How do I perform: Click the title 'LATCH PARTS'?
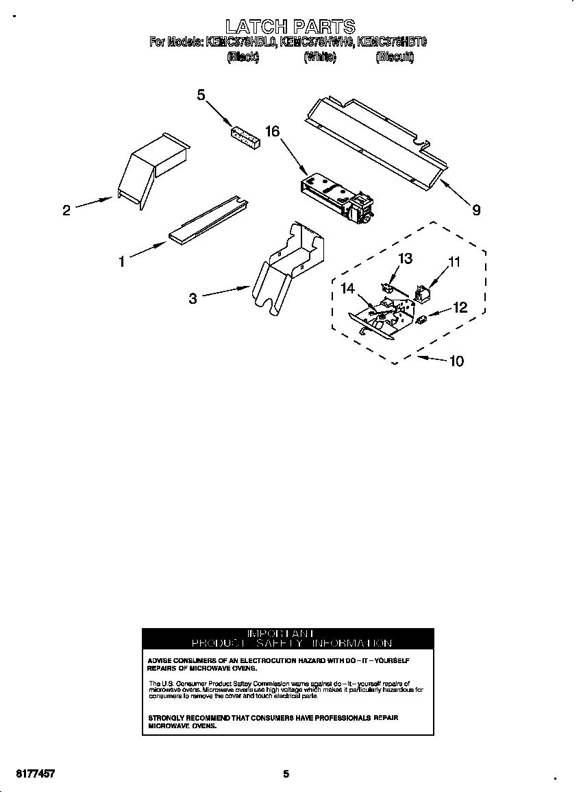coord(290,27)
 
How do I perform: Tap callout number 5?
coord(201,95)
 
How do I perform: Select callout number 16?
coord(272,131)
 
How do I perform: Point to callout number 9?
coord(475,211)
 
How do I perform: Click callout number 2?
coord(66,211)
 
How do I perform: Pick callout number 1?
coord(121,261)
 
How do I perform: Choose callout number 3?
coord(193,298)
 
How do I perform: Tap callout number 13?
coord(406,259)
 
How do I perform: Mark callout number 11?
coord(454,261)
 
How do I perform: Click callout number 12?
coord(460,308)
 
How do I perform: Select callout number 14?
coord(348,289)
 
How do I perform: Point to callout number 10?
coord(456,361)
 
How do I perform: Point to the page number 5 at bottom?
coord(286,774)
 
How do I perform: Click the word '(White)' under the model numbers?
coord(319,58)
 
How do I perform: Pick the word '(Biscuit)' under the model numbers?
coord(395,58)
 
